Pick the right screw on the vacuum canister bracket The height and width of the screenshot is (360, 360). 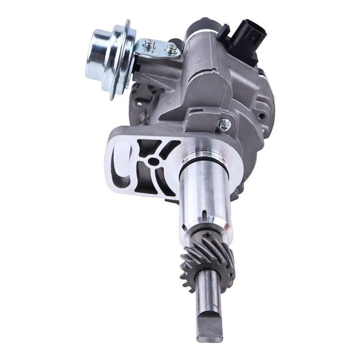[170, 48]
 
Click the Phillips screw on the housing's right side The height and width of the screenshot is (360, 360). [224, 124]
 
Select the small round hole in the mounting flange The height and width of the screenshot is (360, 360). [154, 161]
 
